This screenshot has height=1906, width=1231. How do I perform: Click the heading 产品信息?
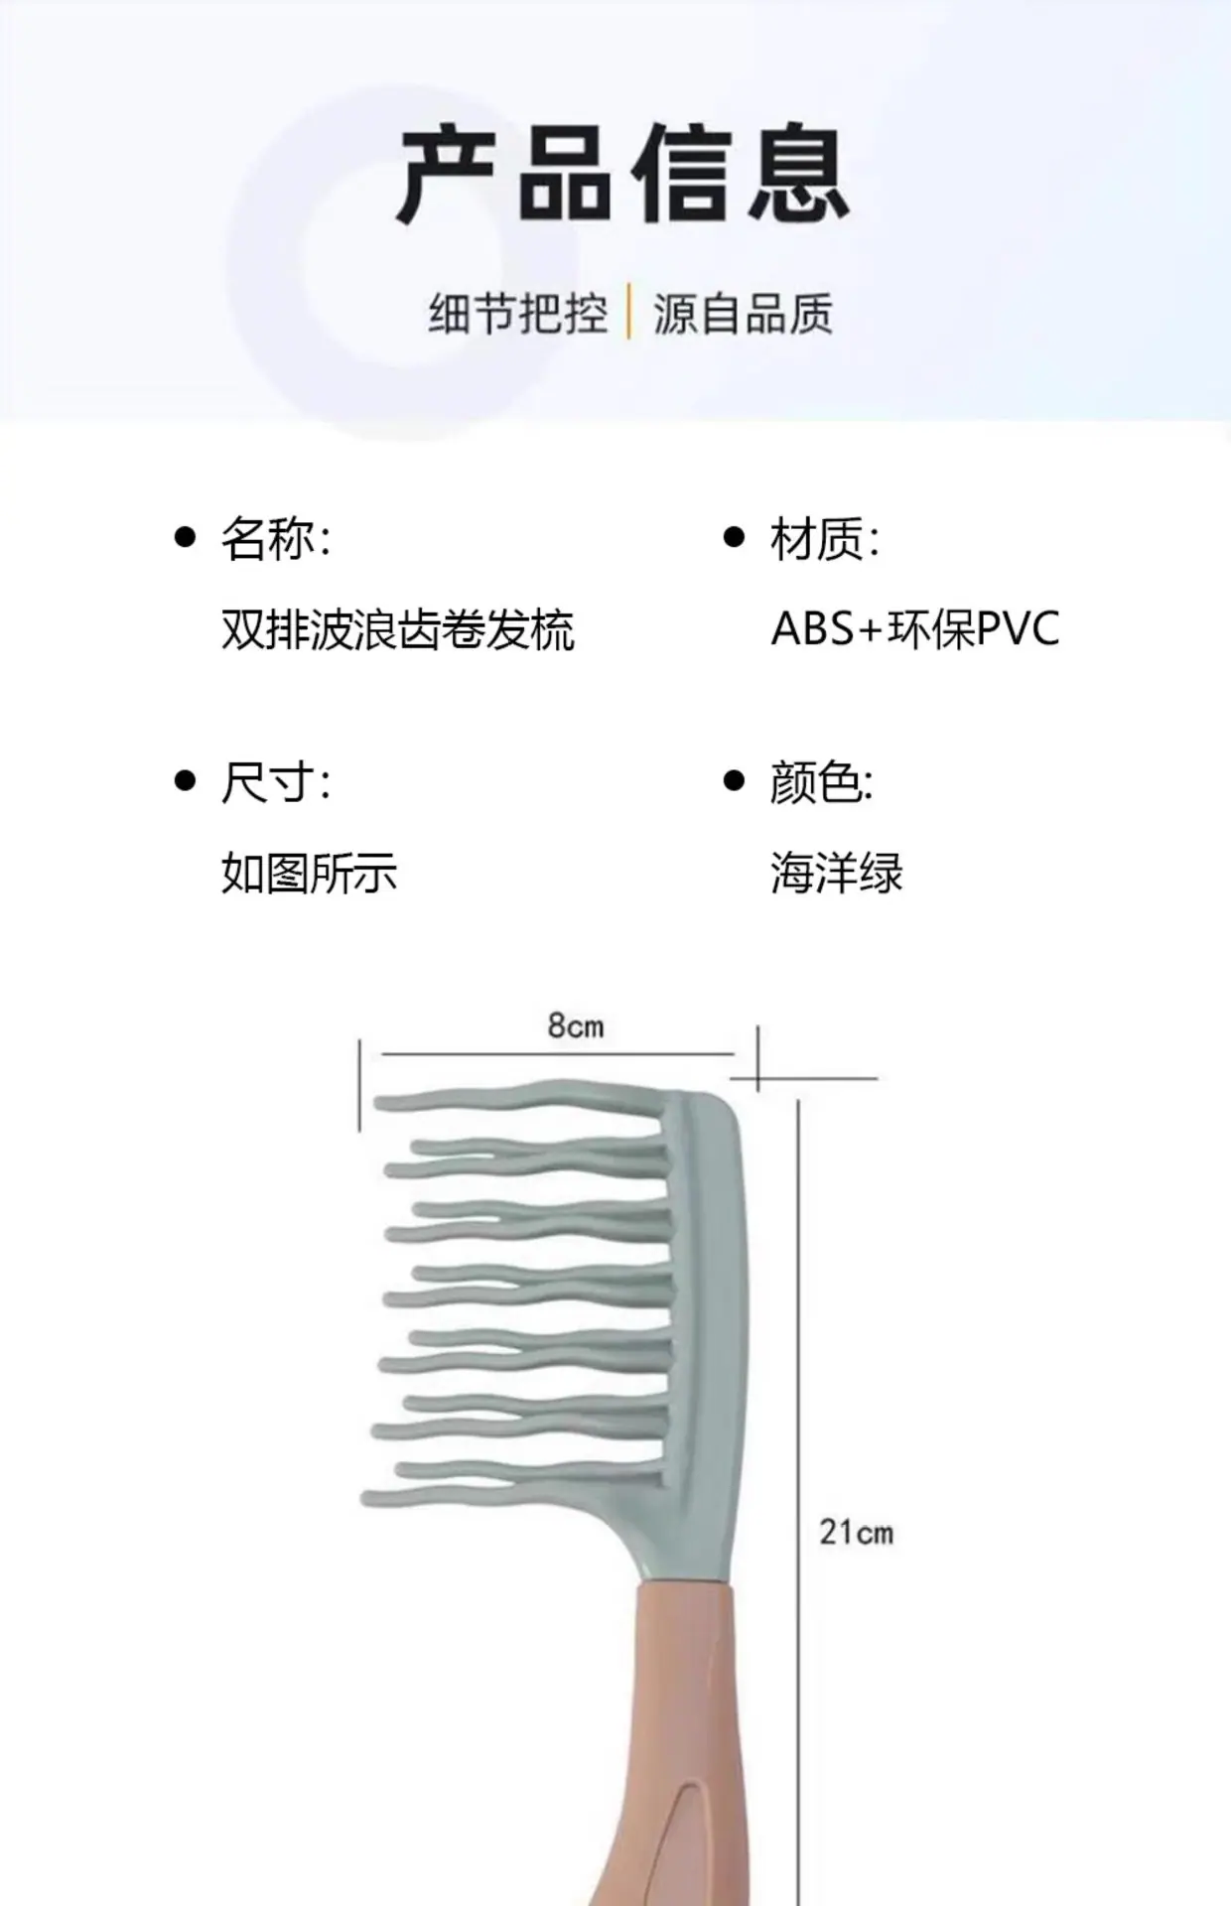click(x=624, y=175)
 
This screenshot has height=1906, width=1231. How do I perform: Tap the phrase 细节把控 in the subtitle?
click(x=518, y=314)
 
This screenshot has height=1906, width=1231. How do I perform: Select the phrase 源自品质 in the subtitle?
click(x=743, y=314)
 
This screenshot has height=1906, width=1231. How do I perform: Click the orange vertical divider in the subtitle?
click(x=629, y=313)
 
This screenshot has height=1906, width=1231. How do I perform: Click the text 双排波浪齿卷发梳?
click(x=398, y=629)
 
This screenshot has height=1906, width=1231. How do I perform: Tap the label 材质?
click(x=825, y=538)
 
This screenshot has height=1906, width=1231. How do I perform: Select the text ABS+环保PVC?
click(x=915, y=628)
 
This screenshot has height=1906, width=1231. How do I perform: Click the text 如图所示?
click(x=309, y=874)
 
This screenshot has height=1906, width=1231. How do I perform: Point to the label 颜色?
click(x=822, y=782)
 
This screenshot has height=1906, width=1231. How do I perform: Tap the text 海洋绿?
click(x=837, y=874)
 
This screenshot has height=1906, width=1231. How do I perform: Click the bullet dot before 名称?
click(x=185, y=537)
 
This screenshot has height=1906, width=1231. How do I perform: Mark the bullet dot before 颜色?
click(x=734, y=781)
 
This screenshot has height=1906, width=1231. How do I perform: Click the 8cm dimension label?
click(x=576, y=1025)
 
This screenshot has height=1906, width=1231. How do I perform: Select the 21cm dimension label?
click(x=856, y=1532)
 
